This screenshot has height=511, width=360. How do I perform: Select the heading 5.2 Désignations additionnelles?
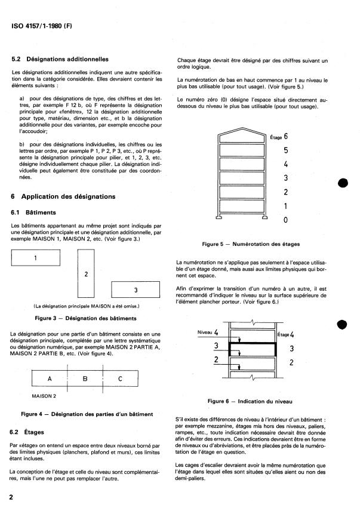click(x=60, y=60)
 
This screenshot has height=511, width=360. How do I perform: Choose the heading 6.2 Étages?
click(x=29, y=431)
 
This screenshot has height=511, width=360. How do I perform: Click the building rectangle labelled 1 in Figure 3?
click(x=35, y=258)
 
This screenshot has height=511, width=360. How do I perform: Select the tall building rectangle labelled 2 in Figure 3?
click(x=87, y=275)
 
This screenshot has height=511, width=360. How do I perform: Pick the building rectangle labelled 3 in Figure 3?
click(x=136, y=290)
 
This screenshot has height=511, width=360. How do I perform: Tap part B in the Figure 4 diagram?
click(x=85, y=378)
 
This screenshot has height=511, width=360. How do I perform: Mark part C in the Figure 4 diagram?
click(x=121, y=378)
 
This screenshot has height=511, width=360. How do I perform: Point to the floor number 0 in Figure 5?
click(x=286, y=220)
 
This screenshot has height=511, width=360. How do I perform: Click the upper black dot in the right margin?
click(x=342, y=183)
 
